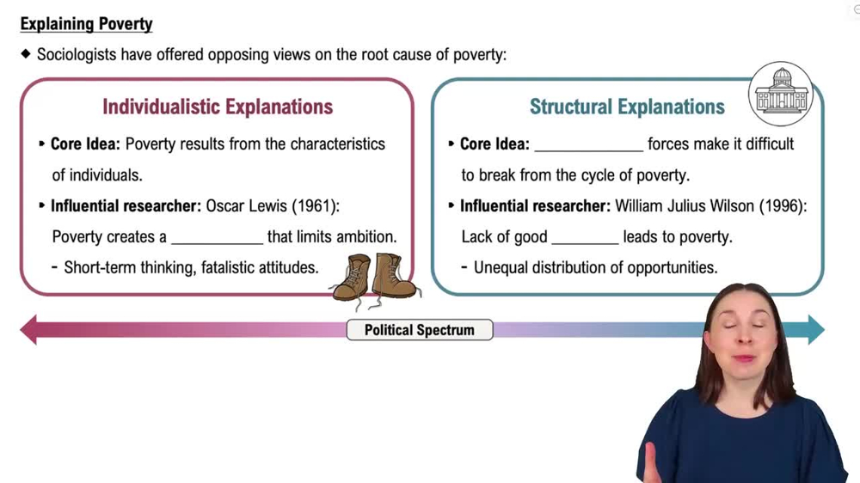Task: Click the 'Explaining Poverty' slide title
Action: pyautogui.click(x=86, y=24)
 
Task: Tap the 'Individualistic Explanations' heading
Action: pyautogui.click(x=218, y=107)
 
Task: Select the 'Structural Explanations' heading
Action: pyautogui.click(x=627, y=107)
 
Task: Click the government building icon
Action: pyautogui.click(x=781, y=94)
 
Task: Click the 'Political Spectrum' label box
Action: pyautogui.click(x=420, y=330)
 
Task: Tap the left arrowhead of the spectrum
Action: pyautogui.click(x=29, y=330)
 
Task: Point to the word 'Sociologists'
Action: pyautogui.click(x=77, y=55)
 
